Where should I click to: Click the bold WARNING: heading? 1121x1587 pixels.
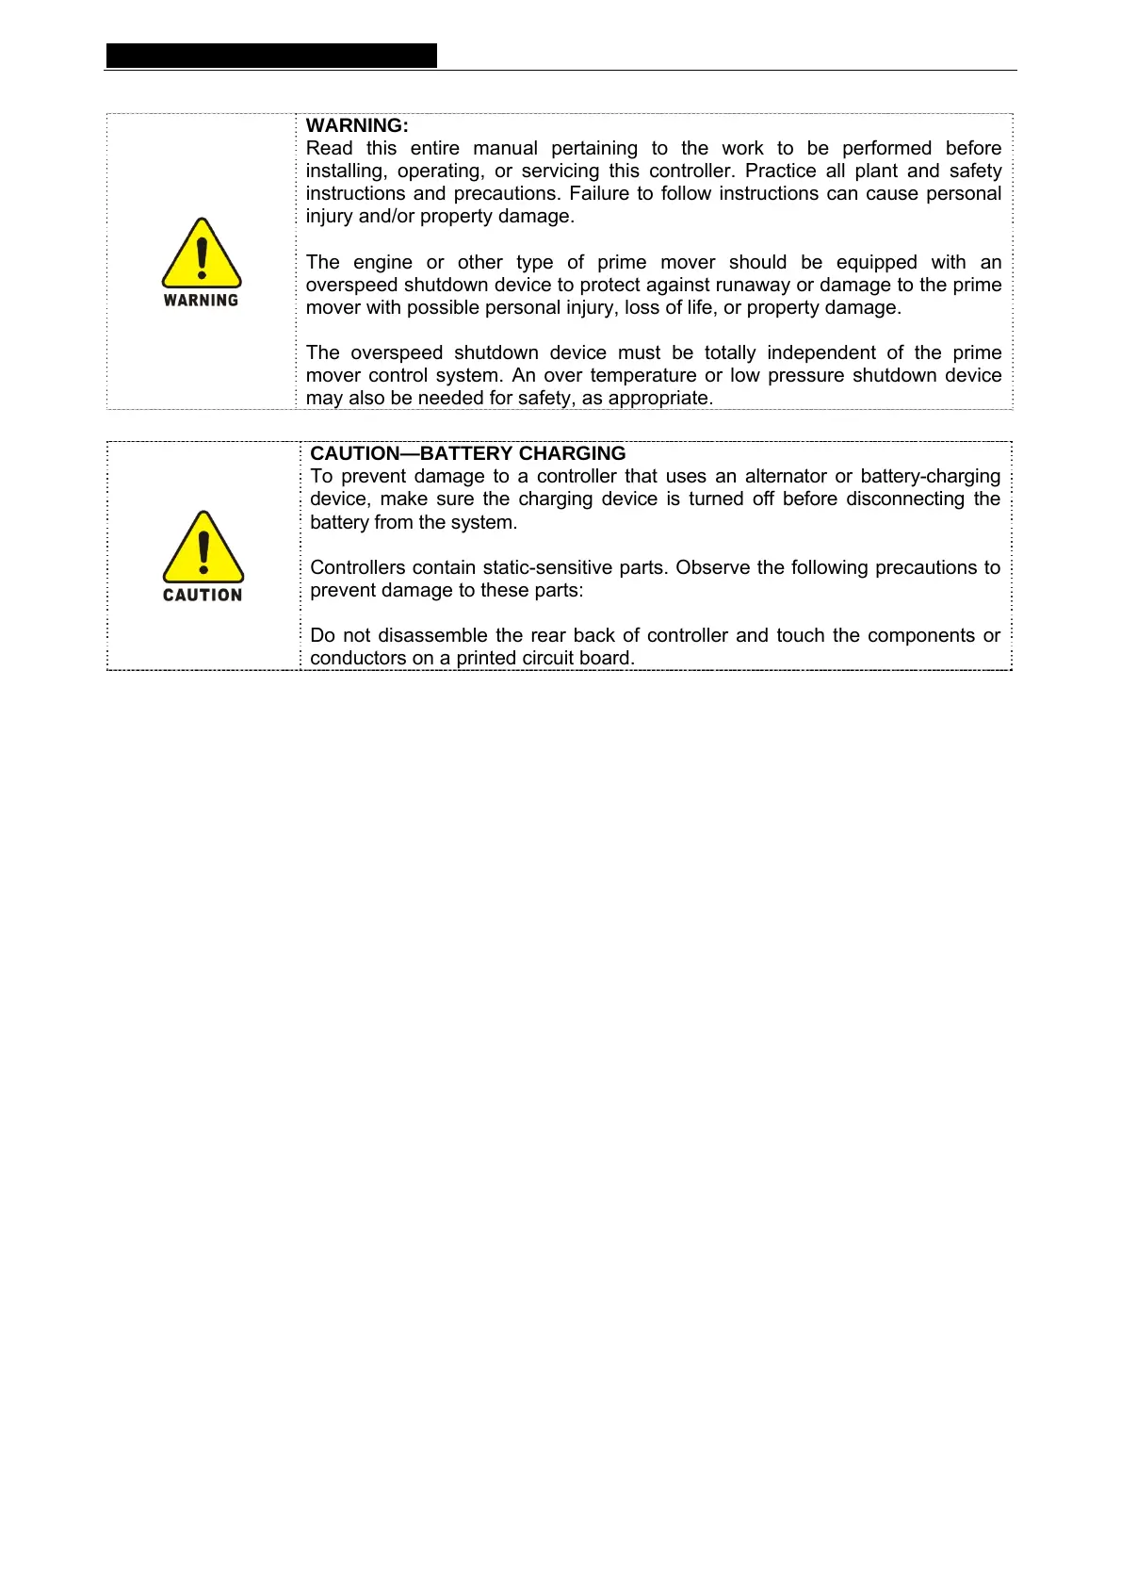tap(357, 125)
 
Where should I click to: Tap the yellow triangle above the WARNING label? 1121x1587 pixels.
tap(202, 254)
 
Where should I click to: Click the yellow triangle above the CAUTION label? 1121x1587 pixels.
tap(203, 548)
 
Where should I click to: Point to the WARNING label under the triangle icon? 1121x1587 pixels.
tap(201, 301)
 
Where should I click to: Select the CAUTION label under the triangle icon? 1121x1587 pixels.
tap(203, 596)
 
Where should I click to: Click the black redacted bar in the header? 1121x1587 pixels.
tap(271, 56)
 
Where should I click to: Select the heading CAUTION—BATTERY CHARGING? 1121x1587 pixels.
tap(467, 453)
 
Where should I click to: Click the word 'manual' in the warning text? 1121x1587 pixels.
tap(505, 149)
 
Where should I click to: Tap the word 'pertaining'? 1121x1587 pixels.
tap(594, 149)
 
